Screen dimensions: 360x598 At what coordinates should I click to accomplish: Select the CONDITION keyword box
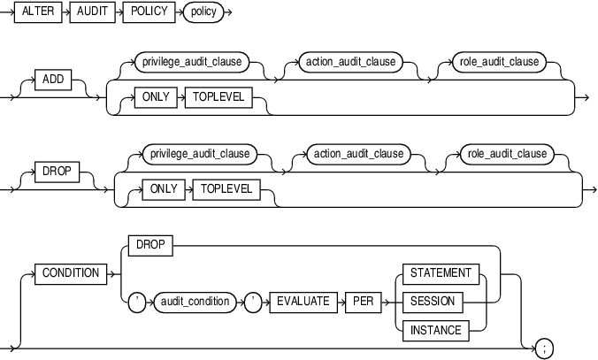click(71, 273)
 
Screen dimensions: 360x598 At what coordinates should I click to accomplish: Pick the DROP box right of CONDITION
click(149, 244)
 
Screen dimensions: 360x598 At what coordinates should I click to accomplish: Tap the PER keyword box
click(361, 302)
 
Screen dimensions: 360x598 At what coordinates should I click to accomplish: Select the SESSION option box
click(432, 302)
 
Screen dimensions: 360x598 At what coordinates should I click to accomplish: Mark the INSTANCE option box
click(435, 330)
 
